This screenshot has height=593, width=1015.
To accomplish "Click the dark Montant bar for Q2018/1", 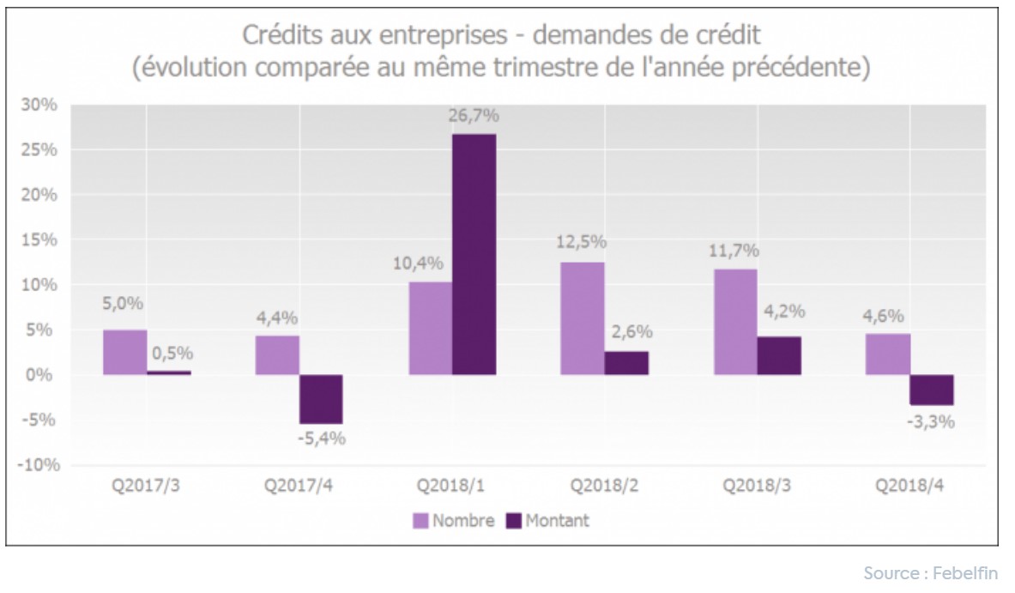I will [474, 254].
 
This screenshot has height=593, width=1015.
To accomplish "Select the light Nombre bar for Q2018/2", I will [582, 318].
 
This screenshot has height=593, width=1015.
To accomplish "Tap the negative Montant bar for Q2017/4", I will [320, 399].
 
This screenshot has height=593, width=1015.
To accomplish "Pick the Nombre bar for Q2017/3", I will [124, 353].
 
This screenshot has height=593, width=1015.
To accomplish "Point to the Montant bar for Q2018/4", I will [932, 390].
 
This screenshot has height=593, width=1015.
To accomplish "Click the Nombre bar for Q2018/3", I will [735, 322].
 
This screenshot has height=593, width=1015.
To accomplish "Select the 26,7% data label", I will [474, 116].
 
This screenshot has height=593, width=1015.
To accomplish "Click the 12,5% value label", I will [582, 244].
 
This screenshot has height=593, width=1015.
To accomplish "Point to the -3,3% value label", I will [931, 421].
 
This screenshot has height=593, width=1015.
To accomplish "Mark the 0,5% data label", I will [170, 353].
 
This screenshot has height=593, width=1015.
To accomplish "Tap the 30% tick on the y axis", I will [39, 105].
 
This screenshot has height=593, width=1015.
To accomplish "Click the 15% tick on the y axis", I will [39, 240].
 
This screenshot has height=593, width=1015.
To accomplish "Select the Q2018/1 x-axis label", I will [451, 486].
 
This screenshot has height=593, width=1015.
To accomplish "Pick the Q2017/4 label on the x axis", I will [299, 486].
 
